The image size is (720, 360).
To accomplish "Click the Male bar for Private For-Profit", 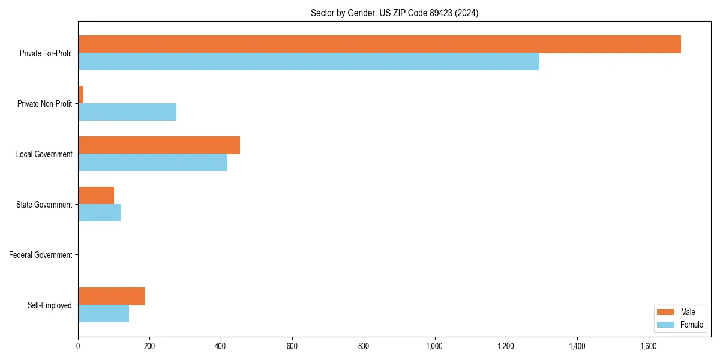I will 379,44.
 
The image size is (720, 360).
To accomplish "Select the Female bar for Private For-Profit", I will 308,62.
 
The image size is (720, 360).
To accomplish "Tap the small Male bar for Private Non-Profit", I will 80,95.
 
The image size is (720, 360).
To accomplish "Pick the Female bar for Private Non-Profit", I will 127,112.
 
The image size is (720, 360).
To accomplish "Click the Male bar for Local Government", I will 159,145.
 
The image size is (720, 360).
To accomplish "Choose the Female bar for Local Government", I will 152,163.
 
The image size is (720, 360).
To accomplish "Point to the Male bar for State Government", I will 96,196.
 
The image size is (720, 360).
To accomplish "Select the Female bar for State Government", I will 99,213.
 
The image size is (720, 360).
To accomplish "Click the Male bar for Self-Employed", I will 111,296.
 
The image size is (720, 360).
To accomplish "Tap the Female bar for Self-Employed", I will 103,314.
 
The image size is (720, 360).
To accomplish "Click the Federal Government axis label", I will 41,255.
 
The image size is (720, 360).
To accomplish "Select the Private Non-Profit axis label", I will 44,104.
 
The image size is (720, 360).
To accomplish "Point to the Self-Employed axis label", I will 50,305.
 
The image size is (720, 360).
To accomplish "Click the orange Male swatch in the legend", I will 666,312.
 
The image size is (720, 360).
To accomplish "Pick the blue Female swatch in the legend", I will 666,325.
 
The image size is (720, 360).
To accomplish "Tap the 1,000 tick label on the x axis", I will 434,346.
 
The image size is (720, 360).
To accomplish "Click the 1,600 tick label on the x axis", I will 648,346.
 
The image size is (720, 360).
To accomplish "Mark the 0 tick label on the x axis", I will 78,346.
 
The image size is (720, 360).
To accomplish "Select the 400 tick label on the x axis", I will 221,346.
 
